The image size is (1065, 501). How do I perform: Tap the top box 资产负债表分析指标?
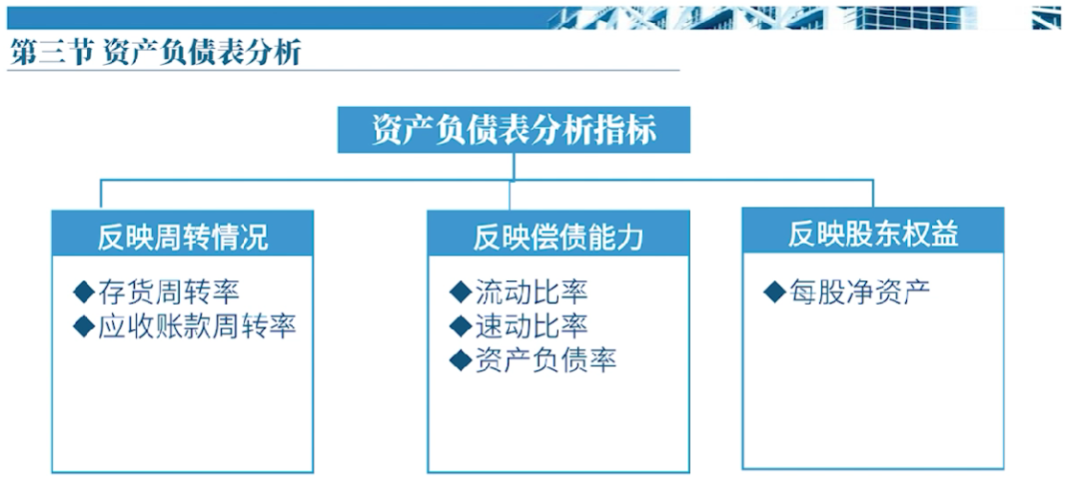coord(514,130)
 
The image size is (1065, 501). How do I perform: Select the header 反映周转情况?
coord(183,237)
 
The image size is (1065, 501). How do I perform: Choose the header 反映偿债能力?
coord(558,237)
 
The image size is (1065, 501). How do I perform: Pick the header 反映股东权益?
coord(873,234)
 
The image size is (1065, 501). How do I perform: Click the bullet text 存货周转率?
coord(169,293)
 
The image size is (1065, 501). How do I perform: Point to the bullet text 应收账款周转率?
coord(198,327)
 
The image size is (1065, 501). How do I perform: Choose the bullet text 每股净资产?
coord(859,292)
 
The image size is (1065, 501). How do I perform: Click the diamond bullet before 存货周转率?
coord(83,293)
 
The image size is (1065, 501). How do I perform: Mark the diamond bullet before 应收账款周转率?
coord(83,327)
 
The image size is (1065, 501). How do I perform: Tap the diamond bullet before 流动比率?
coord(460,292)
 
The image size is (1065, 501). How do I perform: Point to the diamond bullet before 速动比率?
coord(460,326)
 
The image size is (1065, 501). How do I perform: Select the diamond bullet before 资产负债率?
coord(460,359)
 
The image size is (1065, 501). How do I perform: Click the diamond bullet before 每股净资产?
coord(774,292)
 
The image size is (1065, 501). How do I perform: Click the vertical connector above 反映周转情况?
coord(100,194)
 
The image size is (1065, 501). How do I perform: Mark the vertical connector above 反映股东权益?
coord(873,193)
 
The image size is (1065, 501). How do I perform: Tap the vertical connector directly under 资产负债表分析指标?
coord(514,166)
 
